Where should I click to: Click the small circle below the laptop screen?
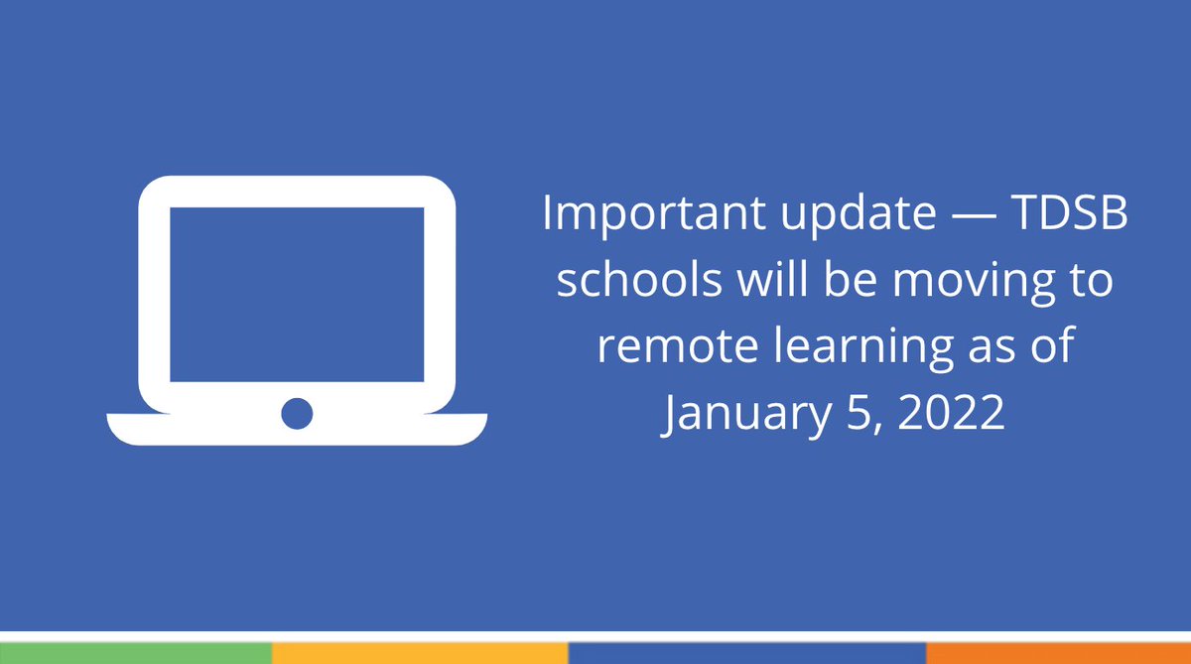point(297,413)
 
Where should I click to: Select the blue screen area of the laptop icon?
point(297,294)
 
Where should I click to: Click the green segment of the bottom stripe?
point(135,652)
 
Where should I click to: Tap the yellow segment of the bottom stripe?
point(419,652)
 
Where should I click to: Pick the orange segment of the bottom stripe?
point(1058,652)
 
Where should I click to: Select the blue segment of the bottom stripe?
point(746,652)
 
